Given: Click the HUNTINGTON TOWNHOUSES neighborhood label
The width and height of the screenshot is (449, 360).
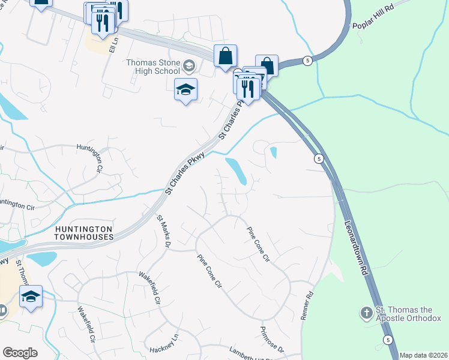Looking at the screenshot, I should [84, 233].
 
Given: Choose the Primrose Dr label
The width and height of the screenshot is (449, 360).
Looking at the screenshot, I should [271, 340].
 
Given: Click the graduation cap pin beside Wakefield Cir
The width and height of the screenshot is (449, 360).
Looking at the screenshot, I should [31, 296].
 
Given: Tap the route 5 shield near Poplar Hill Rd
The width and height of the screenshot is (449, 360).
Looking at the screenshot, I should [307, 61].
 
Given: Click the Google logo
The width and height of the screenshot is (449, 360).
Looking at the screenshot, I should [20, 353].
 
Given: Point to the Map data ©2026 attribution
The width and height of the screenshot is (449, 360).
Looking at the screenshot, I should [423, 355].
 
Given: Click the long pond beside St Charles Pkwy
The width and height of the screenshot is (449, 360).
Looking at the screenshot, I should [235, 170].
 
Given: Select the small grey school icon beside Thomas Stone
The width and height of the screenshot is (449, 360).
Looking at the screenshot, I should [189, 65].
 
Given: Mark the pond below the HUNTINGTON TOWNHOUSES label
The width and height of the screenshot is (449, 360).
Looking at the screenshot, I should [41, 259].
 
